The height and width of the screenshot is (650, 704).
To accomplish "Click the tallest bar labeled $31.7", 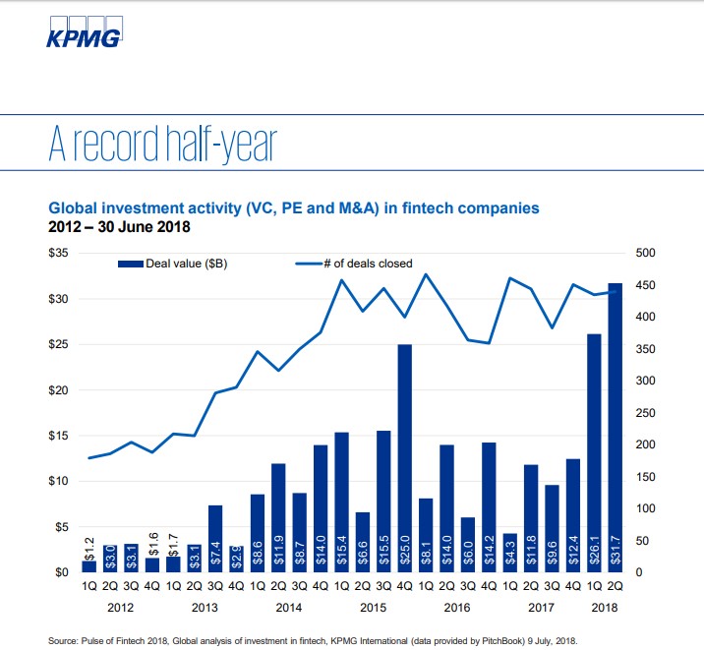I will point(616,428).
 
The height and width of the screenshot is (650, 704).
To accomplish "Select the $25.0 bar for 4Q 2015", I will point(404,458).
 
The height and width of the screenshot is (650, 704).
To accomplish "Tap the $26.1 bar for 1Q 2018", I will point(594,453).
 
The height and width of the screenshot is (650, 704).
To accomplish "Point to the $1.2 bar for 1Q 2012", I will point(89,566).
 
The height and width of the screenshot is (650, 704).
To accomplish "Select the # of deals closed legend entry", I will point(354,264).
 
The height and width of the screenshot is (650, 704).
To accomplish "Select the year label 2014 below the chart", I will point(289,609).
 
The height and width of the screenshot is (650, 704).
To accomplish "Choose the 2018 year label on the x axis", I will point(605,609).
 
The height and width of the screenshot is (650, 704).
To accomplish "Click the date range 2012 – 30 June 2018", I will point(119,227).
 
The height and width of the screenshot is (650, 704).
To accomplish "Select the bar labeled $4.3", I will point(509,553).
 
